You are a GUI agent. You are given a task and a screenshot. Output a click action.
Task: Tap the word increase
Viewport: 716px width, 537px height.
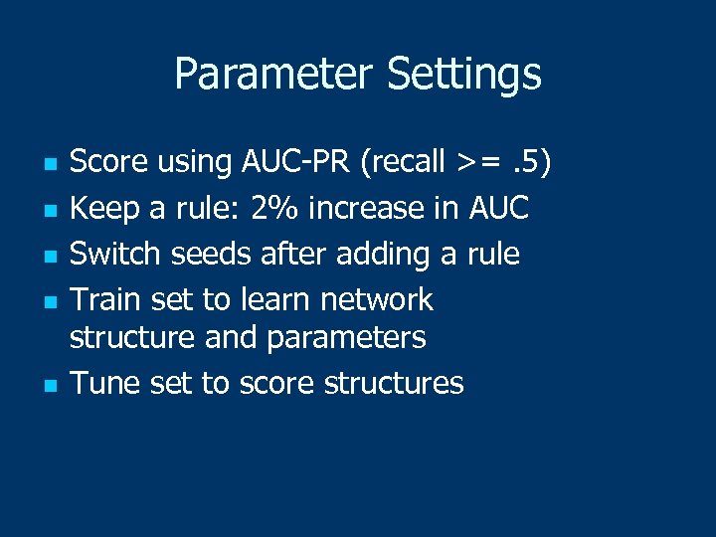click(367, 208)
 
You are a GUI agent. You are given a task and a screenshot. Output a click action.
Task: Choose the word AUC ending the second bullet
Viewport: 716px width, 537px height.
click(493, 208)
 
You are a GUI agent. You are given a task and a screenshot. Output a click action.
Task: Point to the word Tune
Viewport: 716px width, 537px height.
click(105, 383)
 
